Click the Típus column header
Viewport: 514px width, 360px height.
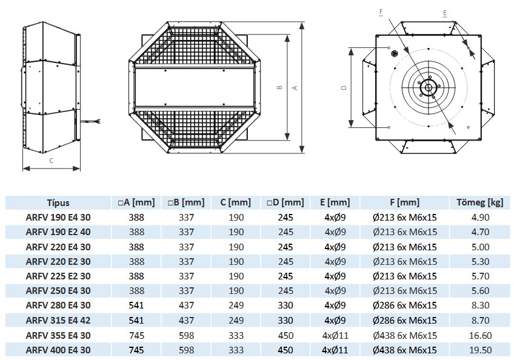click(x=58, y=203)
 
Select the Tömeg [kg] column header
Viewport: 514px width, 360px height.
click(x=478, y=203)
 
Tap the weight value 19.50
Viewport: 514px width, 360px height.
click(x=478, y=350)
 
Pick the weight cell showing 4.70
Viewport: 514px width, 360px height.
click(x=478, y=232)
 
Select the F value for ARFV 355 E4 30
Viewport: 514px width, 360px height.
click(x=406, y=335)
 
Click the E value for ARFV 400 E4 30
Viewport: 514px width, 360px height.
click(x=335, y=350)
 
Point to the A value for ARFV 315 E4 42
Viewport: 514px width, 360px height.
click(x=136, y=321)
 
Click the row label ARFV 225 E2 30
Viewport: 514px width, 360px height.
click(x=58, y=276)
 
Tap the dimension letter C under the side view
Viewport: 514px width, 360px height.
click(x=51, y=161)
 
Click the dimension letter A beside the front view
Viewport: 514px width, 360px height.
click(x=295, y=87)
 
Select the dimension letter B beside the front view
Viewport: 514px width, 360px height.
click(x=279, y=87)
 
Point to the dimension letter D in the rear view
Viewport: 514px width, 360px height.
click(x=344, y=87)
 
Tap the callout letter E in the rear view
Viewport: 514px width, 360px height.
click(x=445, y=12)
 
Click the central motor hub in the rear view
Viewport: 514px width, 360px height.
click(x=428, y=87)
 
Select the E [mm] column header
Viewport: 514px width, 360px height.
click(x=335, y=203)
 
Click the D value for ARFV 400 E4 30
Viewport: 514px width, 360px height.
click(x=285, y=350)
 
